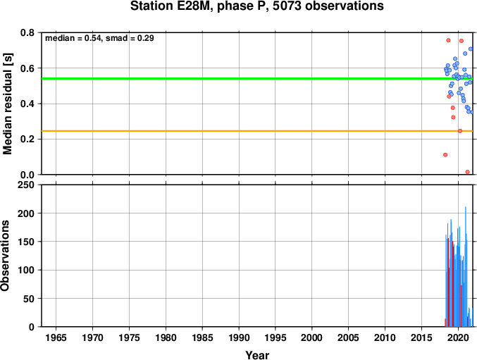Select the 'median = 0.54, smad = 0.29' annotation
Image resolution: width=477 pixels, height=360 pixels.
pyautogui.click(x=99, y=38)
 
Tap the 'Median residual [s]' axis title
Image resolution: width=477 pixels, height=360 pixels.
pyautogui.click(x=7, y=104)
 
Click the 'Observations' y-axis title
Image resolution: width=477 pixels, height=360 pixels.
pyautogui.click(x=5, y=256)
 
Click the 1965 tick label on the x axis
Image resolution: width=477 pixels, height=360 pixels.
pyautogui.click(x=56, y=337)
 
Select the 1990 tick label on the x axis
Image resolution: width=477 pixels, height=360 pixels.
pyautogui.click(x=239, y=337)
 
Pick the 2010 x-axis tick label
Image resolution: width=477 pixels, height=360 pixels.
pyautogui.click(x=385, y=337)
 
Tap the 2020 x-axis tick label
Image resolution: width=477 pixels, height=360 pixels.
pyautogui.click(x=458, y=337)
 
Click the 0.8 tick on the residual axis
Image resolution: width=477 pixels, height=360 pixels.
pyautogui.click(x=27, y=32)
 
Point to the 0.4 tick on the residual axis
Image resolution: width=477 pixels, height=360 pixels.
pyautogui.click(x=27, y=104)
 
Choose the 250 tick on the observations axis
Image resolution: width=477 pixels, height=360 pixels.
pyautogui.click(x=26, y=185)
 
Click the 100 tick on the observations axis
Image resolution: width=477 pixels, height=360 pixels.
pyautogui.click(x=26, y=270)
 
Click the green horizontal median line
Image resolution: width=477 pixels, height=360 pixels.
pyautogui.click(x=257, y=79)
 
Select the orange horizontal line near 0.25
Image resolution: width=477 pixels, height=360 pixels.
pyautogui.click(x=257, y=131)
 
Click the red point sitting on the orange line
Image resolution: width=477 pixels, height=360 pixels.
pyautogui.click(x=460, y=131)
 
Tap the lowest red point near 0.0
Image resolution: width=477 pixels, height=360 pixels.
pyautogui.click(x=468, y=172)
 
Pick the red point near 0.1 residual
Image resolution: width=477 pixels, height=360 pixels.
pyautogui.click(x=445, y=155)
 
